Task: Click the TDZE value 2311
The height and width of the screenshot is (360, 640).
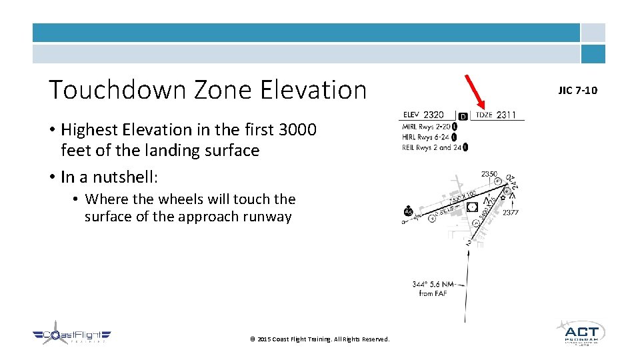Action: (x=506, y=115)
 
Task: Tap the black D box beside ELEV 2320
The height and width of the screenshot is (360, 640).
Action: (x=463, y=116)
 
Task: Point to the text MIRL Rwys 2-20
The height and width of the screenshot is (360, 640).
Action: (x=427, y=127)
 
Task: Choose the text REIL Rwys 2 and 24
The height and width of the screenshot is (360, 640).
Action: (x=431, y=147)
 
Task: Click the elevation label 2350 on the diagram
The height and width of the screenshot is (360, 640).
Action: (x=489, y=174)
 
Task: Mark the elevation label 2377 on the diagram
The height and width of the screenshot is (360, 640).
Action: (x=511, y=213)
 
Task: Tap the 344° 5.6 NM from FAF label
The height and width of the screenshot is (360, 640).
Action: (x=433, y=289)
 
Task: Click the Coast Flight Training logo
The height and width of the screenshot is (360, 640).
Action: (x=71, y=337)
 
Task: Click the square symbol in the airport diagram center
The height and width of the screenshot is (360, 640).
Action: (x=472, y=207)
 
